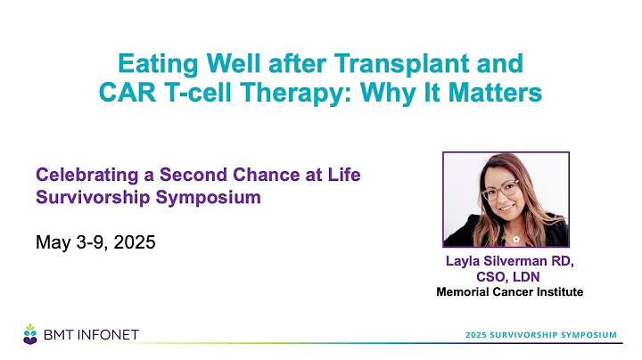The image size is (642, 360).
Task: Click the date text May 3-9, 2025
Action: [x=95, y=241]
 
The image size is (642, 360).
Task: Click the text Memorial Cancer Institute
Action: [x=506, y=290]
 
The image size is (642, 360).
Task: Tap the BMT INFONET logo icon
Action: [x=31, y=333]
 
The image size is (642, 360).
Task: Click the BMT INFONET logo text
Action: [x=91, y=335]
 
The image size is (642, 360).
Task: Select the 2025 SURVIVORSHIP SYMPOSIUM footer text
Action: [x=540, y=334]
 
